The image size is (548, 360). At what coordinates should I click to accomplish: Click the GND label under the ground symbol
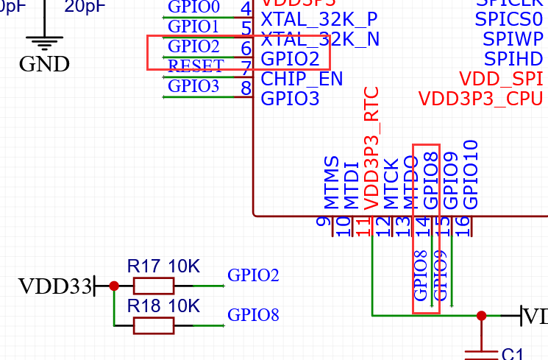pyautogui.click(x=44, y=64)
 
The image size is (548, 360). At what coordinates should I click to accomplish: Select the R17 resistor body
pyautogui.click(x=154, y=286)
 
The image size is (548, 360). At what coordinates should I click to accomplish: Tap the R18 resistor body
pyautogui.click(x=154, y=325)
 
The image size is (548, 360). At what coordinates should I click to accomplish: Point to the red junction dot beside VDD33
pyautogui.click(x=113, y=286)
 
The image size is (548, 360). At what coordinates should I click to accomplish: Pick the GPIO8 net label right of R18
pyautogui.click(x=253, y=315)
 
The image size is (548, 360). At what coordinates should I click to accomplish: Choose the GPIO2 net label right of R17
pyautogui.click(x=253, y=275)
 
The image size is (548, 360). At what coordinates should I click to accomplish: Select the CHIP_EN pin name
pyautogui.click(x=302, y=78)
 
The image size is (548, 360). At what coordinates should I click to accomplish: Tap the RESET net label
pyautogui.click(x=196, y=66)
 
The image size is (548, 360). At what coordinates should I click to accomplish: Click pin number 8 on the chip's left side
pyautogui.click(x=246, y=88)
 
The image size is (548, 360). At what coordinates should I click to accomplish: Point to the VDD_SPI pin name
pyautogui.click(x=501, y=78)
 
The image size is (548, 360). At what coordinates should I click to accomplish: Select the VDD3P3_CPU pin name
pyautogui.click(x=482, y=98)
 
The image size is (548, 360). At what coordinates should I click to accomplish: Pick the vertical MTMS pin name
pyautogui.click(x=332, y=182)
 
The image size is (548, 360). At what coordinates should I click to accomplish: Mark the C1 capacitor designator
pyautogui.click(x=512, y=354)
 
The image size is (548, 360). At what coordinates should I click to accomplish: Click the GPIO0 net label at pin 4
pyautogui.click(x=193, y=7)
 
